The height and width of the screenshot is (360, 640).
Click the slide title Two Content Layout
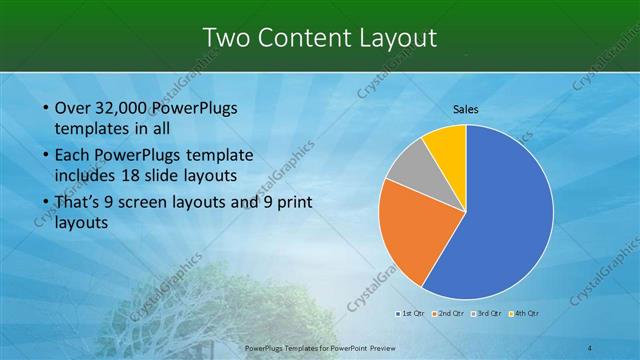click(319, 38)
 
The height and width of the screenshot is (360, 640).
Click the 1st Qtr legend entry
click(411, 314)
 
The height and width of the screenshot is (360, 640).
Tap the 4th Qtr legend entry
click(525, 314)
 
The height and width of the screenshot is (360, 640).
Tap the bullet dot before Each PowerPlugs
click(46, 156)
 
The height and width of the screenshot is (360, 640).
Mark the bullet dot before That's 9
click(46, 203)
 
